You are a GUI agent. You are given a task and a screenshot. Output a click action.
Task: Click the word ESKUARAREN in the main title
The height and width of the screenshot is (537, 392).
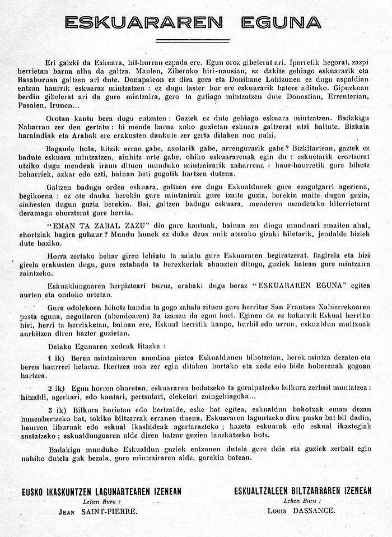point(143,22)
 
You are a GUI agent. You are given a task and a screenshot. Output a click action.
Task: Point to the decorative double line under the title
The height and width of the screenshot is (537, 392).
point(192,40)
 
